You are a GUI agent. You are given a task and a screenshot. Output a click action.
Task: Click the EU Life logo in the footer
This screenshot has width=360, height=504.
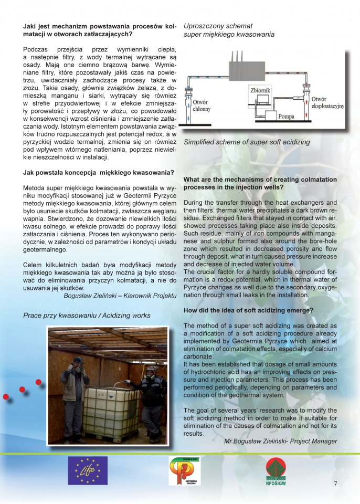pyautogui.click(x=87, y=470)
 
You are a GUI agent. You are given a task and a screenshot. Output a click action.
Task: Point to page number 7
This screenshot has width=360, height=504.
pyautogui.click(x=335, y=484)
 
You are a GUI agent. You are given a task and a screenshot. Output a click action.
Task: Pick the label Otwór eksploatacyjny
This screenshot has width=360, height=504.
pyautogui.click(x=327, y=102)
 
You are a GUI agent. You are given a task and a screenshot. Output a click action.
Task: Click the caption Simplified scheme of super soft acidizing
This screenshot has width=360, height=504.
pyautogui.click(x=247, y=142)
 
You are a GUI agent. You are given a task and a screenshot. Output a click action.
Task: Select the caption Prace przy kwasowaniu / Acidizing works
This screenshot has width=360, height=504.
pyautogui.click(x=87, y=316)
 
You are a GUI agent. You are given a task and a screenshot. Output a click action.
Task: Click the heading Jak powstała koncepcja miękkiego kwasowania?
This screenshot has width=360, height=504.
pyautogui.click(x=99, y=173)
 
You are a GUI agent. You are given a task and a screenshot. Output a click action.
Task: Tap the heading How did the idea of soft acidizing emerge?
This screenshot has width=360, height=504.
pyautogui.click(x=248, y=311)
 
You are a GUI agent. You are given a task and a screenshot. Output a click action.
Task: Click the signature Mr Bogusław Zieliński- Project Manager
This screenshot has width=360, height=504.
pyautogui.click(x=280, y=441)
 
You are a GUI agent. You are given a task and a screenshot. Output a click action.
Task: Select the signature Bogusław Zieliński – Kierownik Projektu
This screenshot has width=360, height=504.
pyautogui.click(x=120, y=296)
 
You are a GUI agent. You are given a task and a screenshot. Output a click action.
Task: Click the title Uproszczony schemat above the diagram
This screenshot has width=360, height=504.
pyautogui.click(x=218, y=26)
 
